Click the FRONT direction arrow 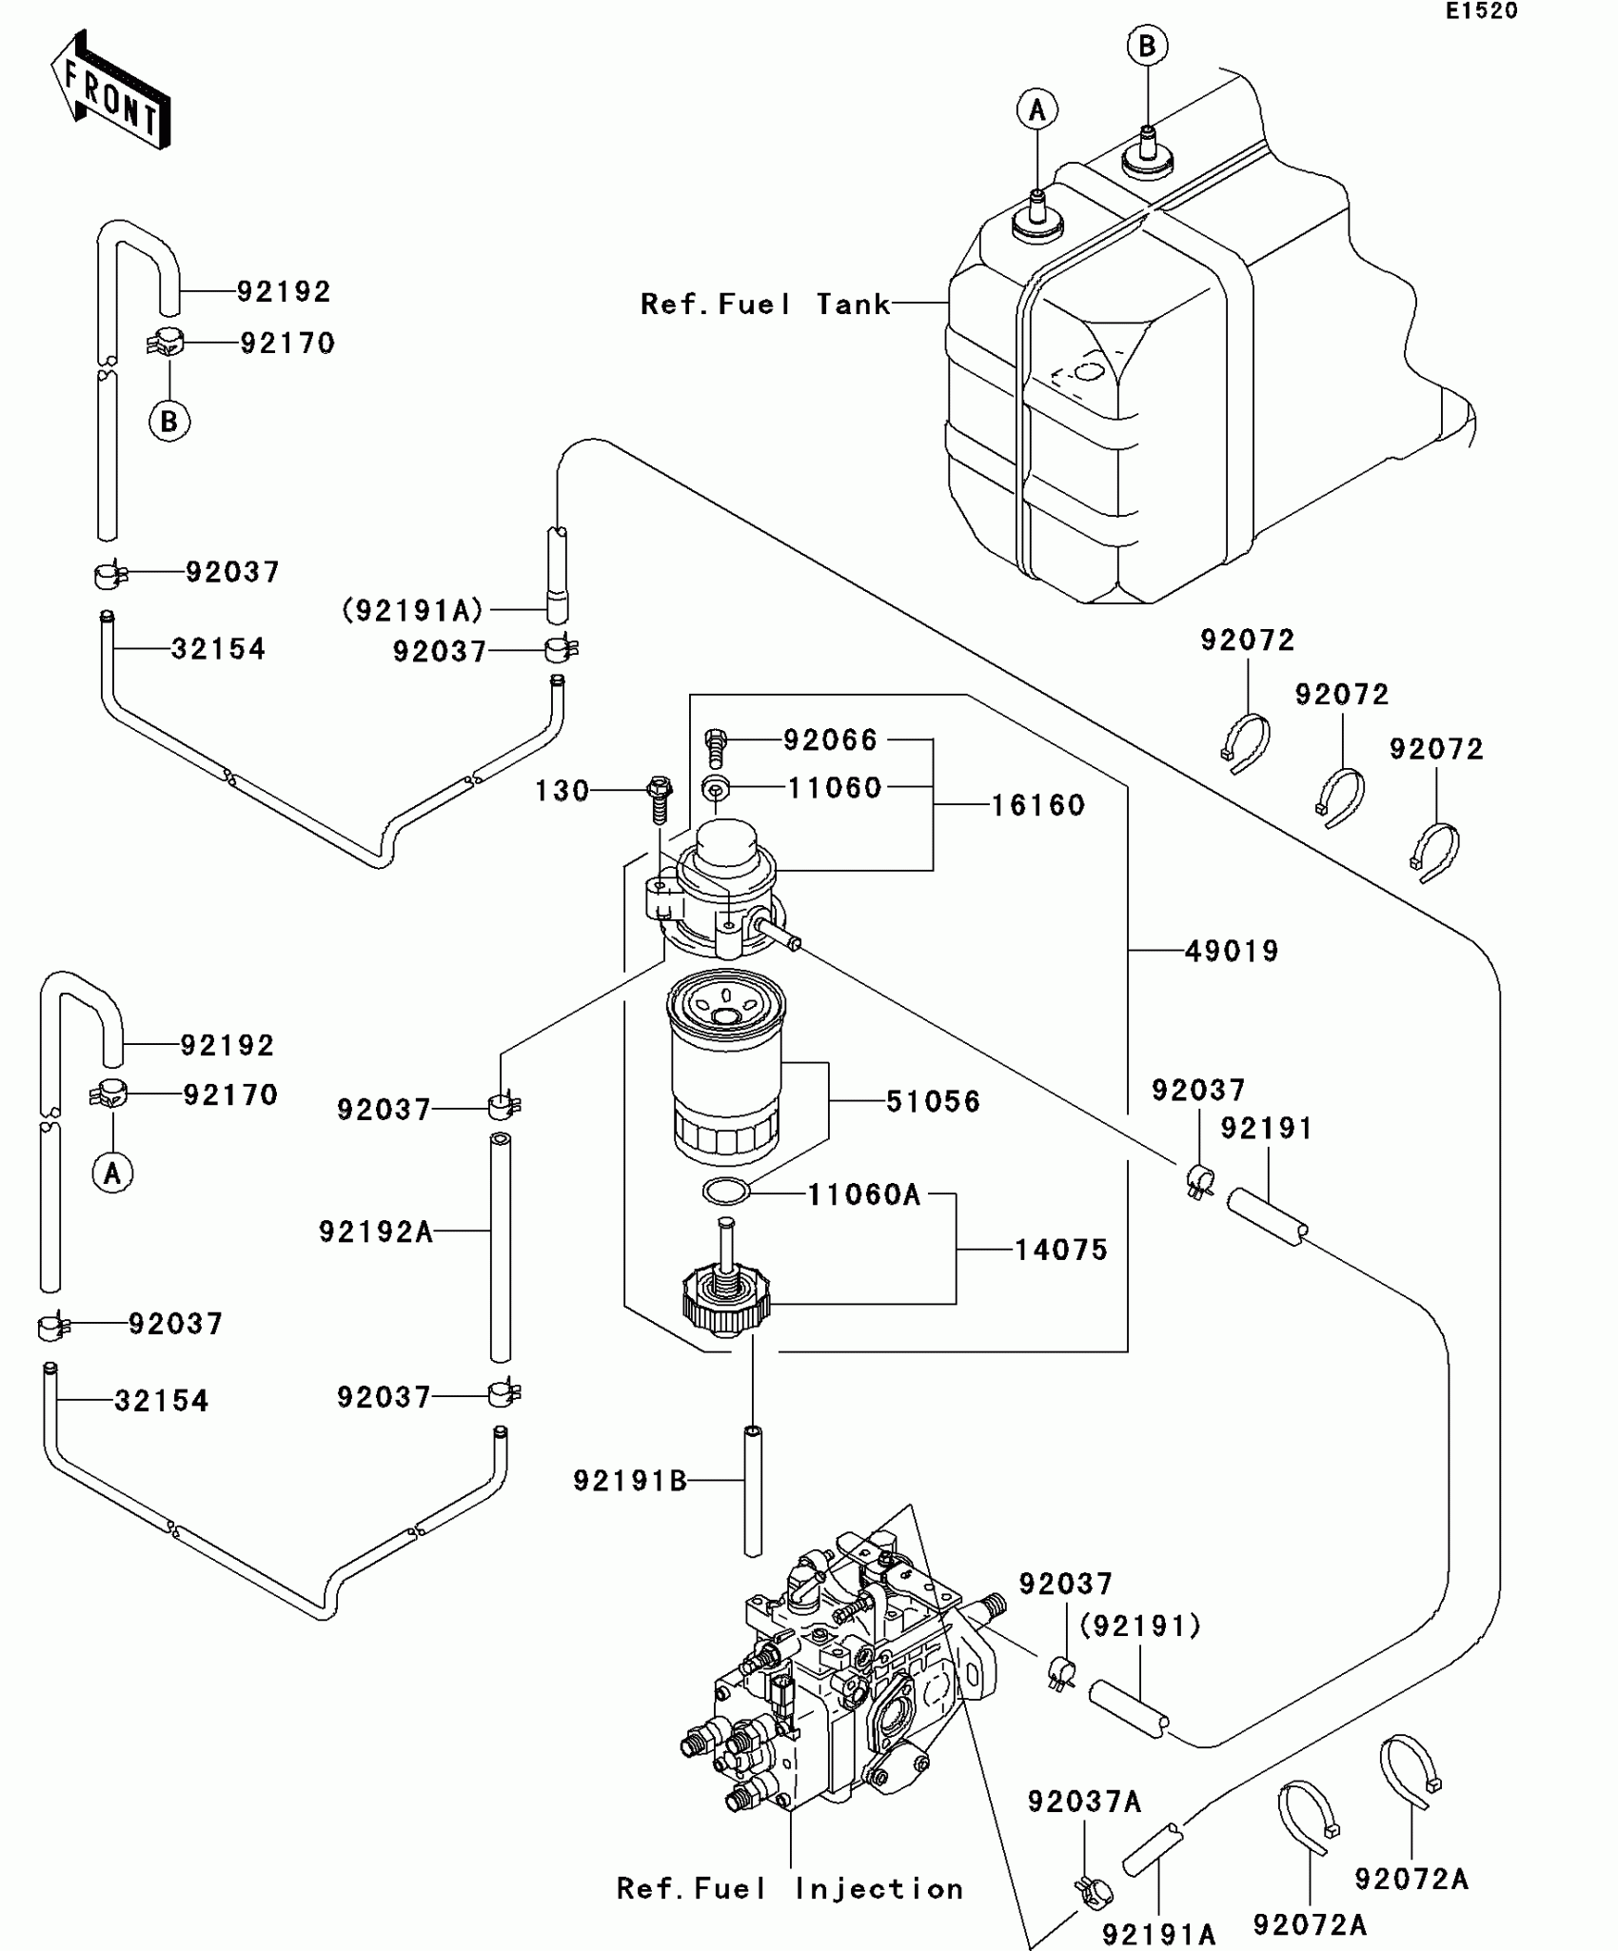coord(110,90)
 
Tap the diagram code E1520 coord(1482,11)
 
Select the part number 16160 coord(1038,806)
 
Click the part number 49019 coord(1232,951)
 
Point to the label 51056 coord(933,1102)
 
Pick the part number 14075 coord(1061,1250)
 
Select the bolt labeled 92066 coord(716,746)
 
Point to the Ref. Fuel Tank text coord(765,305)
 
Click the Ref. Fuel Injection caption coord(790,1889)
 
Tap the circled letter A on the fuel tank coord(1037,110)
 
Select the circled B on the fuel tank coord(1147,46)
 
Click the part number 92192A coord(376,1232)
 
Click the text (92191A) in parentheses coord(413,610)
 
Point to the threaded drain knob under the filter coord(726,1296)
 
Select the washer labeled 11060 coord(716,789)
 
